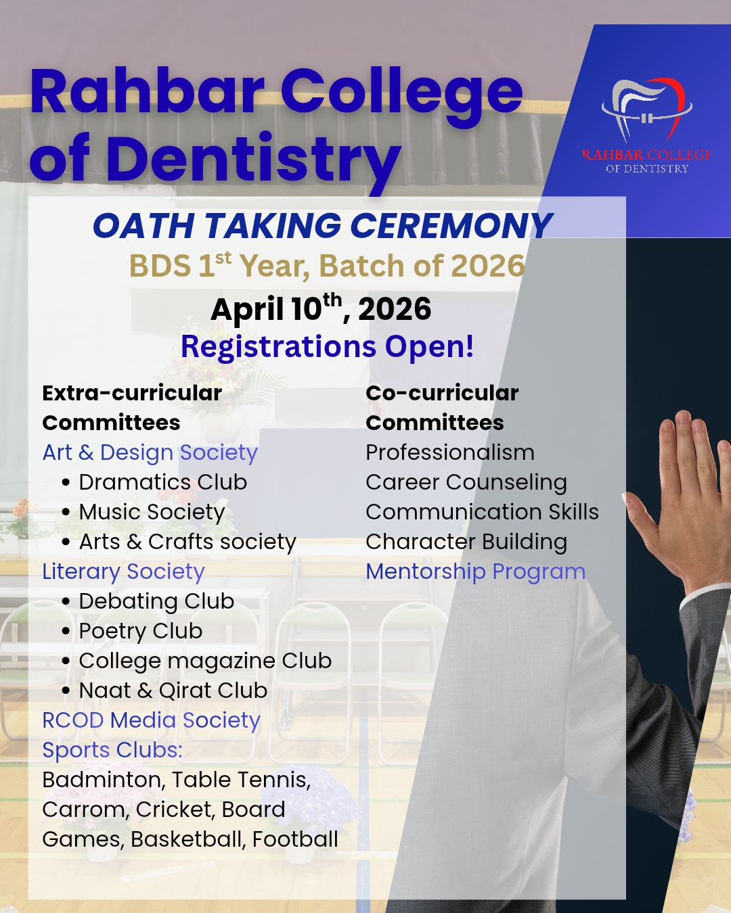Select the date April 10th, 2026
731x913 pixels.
[321, 308]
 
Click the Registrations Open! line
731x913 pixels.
[327, 347]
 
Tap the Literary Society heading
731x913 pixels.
[123, 571]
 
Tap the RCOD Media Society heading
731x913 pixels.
[151, 720]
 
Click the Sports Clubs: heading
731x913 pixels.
[112, 750]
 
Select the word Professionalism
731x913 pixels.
[450, 452]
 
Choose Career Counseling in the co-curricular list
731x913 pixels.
[466, 482]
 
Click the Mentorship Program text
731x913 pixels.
[476, 571]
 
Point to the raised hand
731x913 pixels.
[684, 500]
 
